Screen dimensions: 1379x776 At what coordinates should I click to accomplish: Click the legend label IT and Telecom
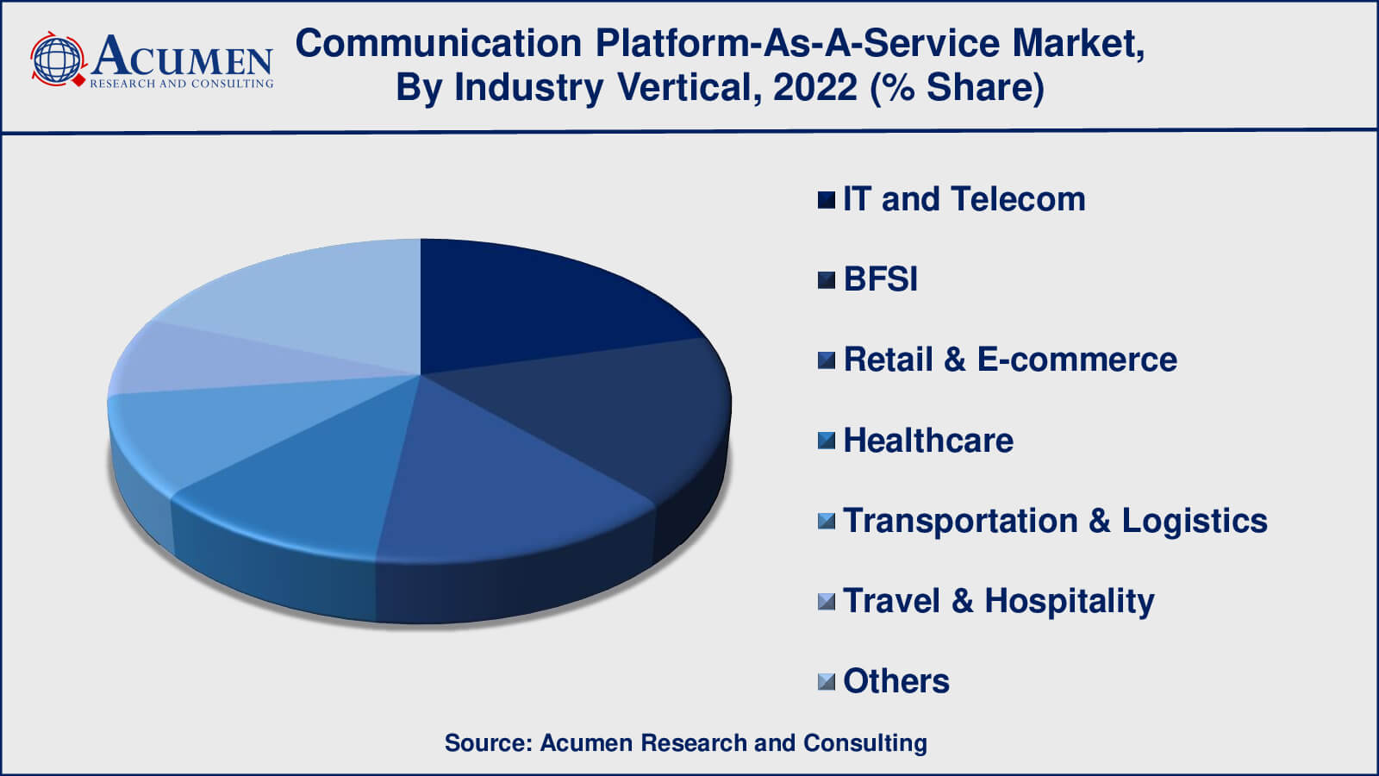coord(964,199)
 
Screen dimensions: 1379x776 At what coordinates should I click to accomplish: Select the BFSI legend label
coord(880,279)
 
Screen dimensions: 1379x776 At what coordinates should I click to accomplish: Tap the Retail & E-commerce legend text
coord(1010,360)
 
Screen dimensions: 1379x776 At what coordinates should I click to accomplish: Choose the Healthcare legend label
coord(928,441)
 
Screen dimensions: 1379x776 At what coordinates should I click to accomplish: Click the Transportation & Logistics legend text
coord(1055,521)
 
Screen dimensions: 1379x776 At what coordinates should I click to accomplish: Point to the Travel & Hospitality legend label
coord(999,602)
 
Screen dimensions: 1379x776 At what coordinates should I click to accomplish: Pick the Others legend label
coord(896,681)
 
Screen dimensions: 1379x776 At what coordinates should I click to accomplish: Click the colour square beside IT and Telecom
coord(827,200)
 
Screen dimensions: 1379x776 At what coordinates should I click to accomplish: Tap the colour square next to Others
coord(827,682)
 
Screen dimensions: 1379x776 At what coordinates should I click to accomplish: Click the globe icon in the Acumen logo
coord(57,59)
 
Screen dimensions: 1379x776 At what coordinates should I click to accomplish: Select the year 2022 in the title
coord(815,87)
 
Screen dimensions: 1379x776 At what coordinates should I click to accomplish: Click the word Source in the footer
coord(488,742)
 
